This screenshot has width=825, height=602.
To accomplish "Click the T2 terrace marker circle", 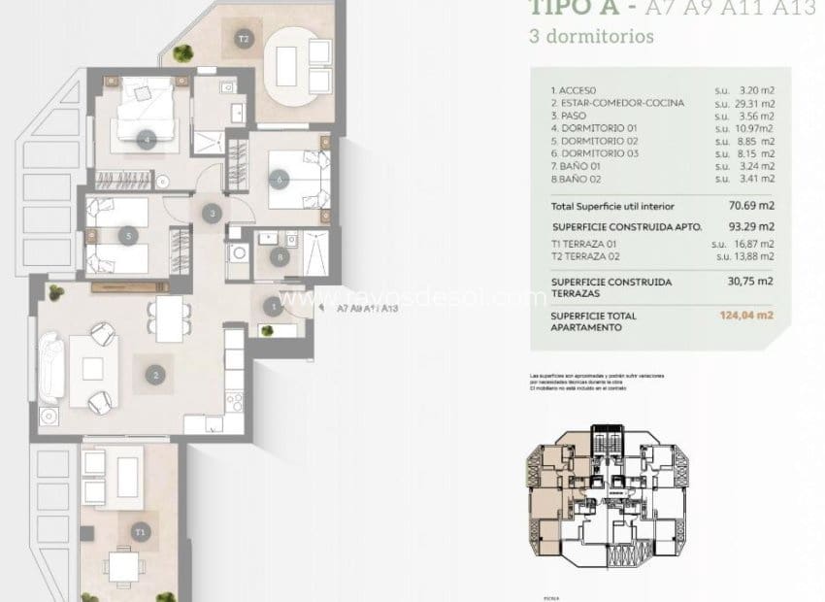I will pyautogui.click(x=244, y=40).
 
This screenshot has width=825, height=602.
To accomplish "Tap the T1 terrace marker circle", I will pyautogui.click(x=142, y=531).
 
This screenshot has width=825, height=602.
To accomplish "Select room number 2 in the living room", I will pyautogui.click(x=155, y=372).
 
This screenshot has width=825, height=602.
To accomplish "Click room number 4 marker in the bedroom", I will pyautogui.click(x=147, y=139).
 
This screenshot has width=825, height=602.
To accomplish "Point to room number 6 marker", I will pyautogui.click(x=279, y=178).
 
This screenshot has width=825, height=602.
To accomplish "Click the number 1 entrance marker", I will pyautogui.click(x=274, y=307).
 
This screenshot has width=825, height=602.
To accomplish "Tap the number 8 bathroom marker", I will pyautogui.click(x=280, y=257).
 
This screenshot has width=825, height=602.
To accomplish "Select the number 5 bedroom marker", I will pyautogui.click(x=128, y=234).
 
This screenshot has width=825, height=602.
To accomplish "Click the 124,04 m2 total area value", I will pyautogui.click(x=756, y=316).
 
